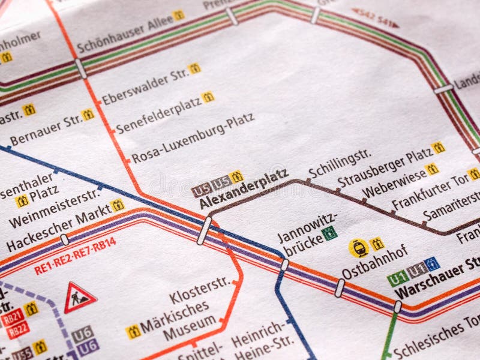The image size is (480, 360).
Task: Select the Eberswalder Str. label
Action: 145,88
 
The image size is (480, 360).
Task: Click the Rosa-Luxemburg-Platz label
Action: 193,138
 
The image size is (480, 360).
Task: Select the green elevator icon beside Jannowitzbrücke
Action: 329,233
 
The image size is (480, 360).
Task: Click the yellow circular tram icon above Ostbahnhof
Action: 358,248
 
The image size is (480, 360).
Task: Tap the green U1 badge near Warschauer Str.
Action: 397,278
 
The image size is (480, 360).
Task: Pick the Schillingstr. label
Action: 340,163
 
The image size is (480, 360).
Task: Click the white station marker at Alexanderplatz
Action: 204,230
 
